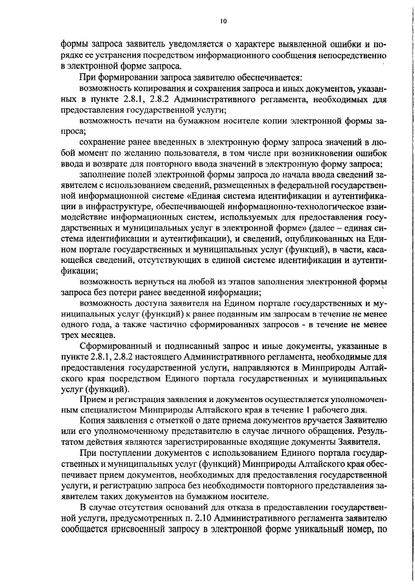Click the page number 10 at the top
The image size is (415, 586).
(223, 21)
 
